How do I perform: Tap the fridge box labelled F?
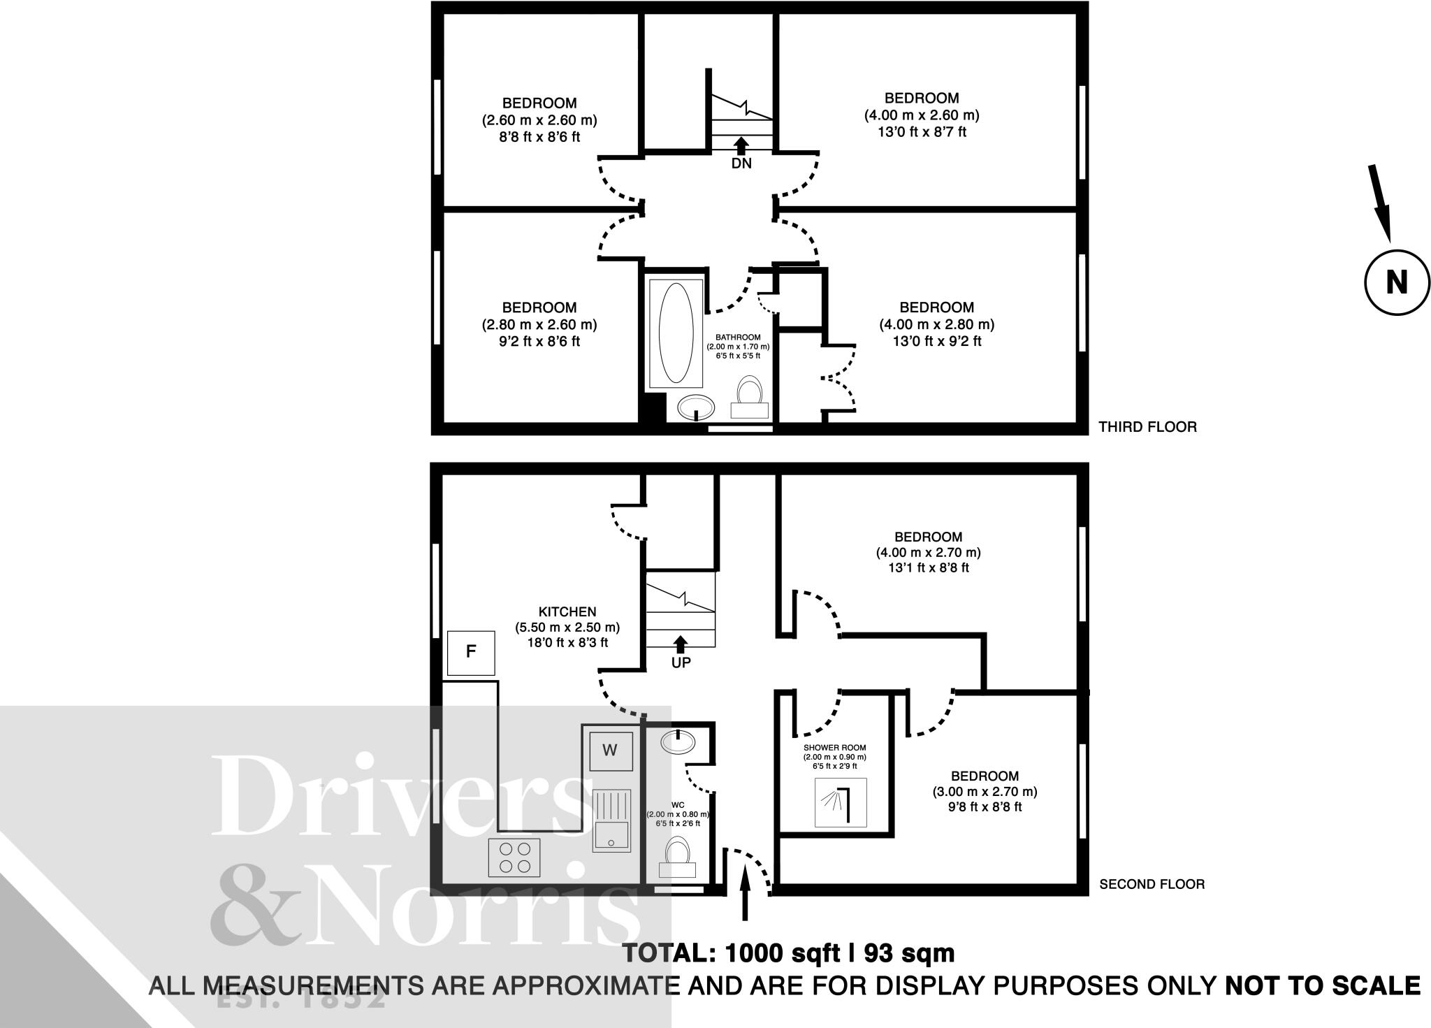coord(471,653)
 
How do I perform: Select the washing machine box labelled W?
coord(610,751)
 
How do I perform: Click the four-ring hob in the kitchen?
coord(514,857)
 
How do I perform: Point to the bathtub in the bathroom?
coord(676,333)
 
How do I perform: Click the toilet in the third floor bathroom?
coord(749,399)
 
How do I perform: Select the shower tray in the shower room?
coord(841,802)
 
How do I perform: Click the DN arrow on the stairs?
coord(741,145)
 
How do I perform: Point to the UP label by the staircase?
coord(681,663)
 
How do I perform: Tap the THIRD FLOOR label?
coord(1147,426)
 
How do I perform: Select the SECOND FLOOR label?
coord(1152,884)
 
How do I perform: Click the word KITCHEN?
coord(567,611)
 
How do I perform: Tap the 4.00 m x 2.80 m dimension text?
coord(936,324)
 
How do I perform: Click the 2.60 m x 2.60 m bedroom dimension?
coord(539,120)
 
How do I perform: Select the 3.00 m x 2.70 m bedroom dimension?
coord(985,792)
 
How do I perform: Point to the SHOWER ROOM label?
coord(834,748)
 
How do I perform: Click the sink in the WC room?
coord(677,741)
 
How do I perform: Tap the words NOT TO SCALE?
coord(1323,985)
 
